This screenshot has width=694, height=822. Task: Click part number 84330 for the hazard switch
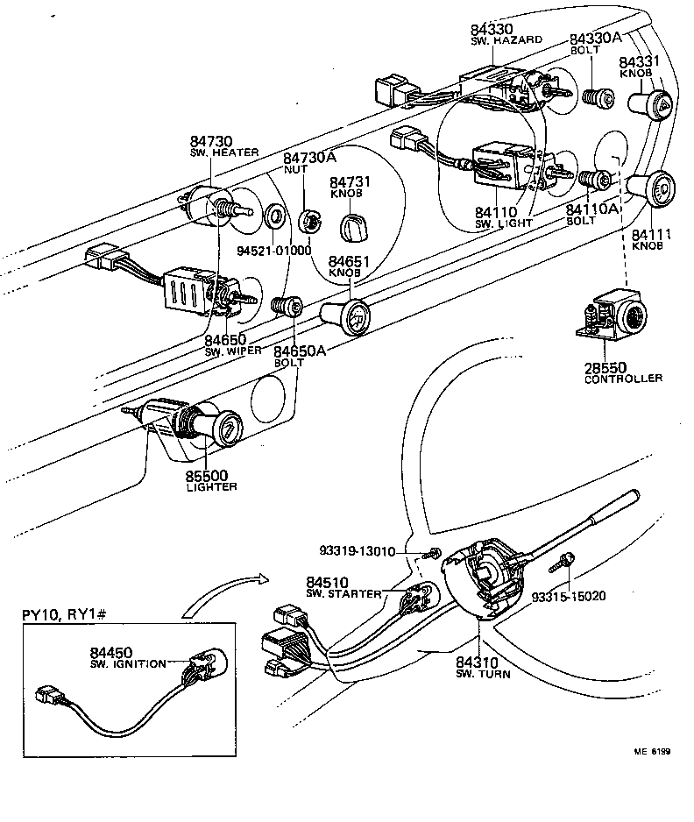(493, 29)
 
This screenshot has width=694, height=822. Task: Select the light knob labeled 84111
(652, 188)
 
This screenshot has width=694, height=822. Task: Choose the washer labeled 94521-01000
(274, 215)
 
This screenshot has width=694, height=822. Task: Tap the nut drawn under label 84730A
(308, 220)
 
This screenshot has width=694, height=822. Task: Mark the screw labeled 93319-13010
(432, 552)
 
